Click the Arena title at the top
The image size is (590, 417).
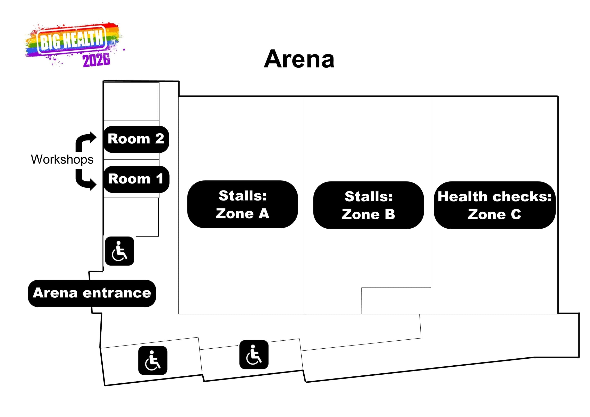pos(299,59)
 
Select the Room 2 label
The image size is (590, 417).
pos(136,139)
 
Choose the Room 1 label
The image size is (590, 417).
pos(136,179)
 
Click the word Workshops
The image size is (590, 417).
pos(62,160)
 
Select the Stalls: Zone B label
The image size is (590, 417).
pos(369,205)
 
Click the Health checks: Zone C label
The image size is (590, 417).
pos(495,205)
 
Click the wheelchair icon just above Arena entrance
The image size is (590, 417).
pos(119,251)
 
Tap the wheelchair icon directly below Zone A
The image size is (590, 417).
pos(254,355)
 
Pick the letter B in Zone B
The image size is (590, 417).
pos(390,214)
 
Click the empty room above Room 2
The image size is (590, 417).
pos(131,102)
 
